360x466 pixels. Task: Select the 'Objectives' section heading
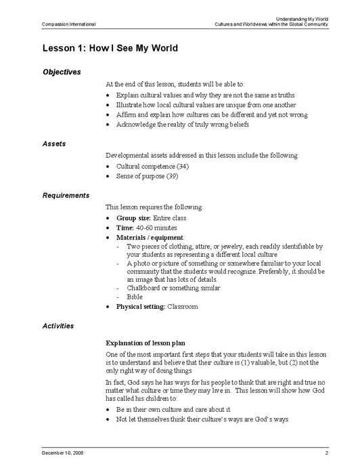[x=62, y=72]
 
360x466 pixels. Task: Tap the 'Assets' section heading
[x=54, y=144]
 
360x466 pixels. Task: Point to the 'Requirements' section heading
[x=66, y=195]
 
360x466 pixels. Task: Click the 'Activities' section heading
[x=58, y=326]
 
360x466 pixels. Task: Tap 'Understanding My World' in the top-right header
[x=298, y=18]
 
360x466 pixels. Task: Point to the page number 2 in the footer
[x=326, y=451]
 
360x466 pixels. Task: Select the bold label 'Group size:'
[x=135, y=218]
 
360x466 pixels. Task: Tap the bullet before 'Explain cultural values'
[x=109, y=96]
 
